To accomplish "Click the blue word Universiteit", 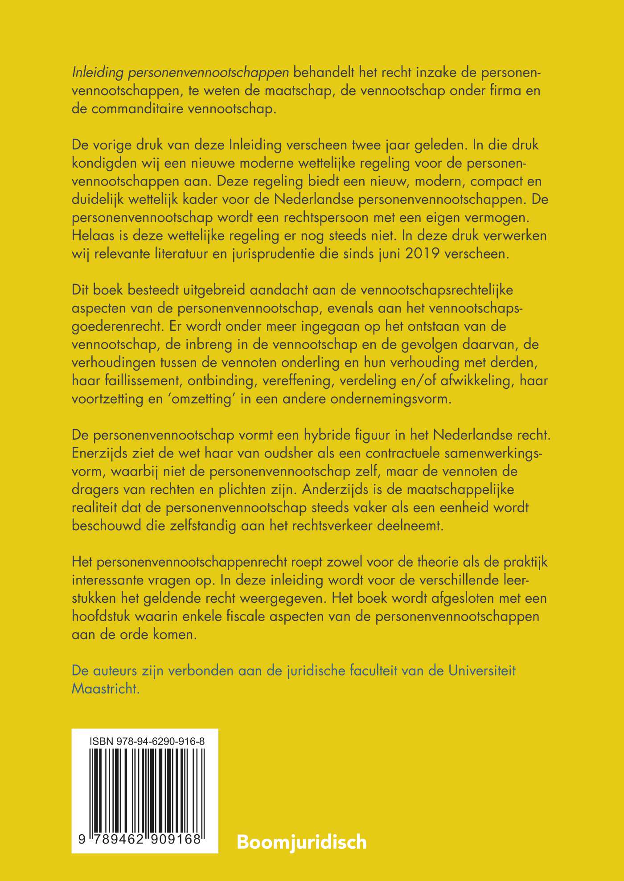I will [x=482, y=671].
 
